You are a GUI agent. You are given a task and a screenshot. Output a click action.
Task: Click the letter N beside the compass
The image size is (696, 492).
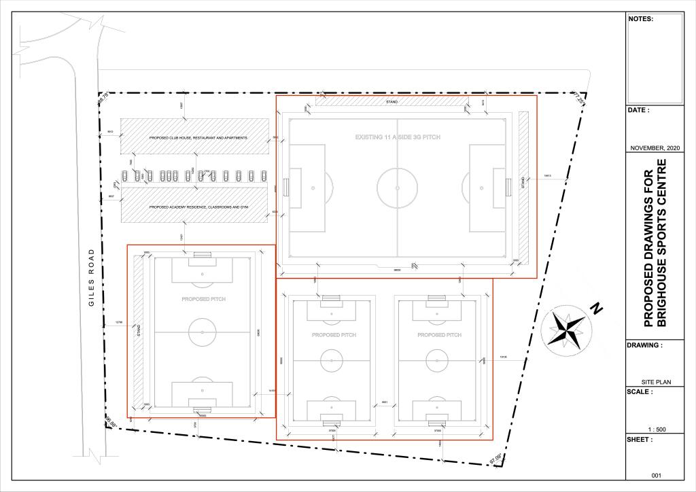point(597,309)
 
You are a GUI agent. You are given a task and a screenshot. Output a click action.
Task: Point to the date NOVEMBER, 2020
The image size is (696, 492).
point(654,148)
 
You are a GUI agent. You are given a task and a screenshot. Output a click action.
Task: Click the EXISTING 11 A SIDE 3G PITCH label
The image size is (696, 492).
point(398,137)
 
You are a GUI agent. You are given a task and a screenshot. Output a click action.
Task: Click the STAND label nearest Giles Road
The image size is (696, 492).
point(139,331)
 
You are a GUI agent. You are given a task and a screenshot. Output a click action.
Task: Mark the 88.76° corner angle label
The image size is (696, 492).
point(103,99)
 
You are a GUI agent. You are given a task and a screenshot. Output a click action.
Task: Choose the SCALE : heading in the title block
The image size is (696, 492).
point(640,392)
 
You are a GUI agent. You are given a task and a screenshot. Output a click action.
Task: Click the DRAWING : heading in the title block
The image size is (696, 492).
point(644,345)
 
